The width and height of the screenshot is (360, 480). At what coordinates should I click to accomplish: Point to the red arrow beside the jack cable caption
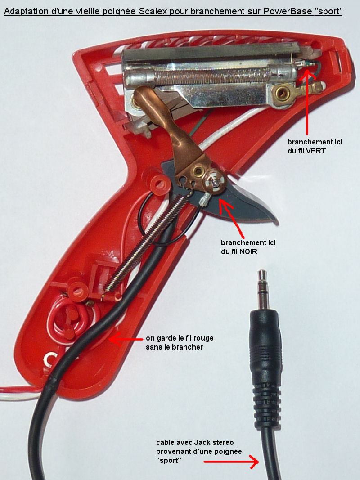[x=231, y=462]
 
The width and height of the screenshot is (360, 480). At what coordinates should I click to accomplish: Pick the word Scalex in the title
[x=153, y=11]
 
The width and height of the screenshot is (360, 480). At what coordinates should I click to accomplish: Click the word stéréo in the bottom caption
[x=223, y=442]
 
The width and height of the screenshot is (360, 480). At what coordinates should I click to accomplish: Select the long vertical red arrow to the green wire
[x=307, y=103]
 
